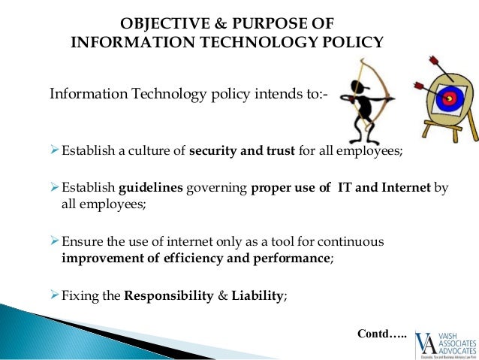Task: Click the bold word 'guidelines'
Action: coord(149,188)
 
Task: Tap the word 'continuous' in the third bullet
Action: coord(351,241)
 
